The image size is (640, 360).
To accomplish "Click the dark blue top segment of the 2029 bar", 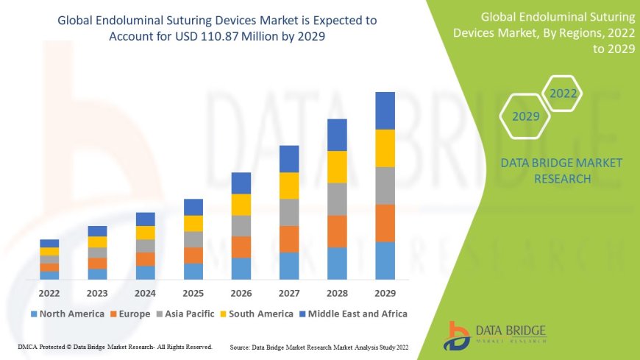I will coord(385,110).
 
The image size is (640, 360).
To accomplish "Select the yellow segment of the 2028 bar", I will coord(337,166).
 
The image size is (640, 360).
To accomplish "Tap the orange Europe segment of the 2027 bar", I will coord(288,239).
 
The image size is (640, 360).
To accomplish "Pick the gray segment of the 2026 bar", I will coord(241,225).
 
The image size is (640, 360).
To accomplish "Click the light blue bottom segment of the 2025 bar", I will coord(193,271).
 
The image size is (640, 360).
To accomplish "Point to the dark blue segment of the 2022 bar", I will coord(49,243).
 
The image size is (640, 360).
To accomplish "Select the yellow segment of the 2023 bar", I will coord(97,241).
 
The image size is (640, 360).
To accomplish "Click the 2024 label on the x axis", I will coord(145,292).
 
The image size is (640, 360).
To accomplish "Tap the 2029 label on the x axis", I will coord(385,292).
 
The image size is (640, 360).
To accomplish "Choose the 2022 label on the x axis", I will coord(49,292).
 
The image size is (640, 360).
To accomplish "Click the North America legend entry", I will coord(68,314).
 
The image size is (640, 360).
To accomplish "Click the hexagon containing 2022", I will coord(563,93).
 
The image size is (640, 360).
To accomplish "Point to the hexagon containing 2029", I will coord(525,116).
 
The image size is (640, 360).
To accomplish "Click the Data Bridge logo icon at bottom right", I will coord(458,335).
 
